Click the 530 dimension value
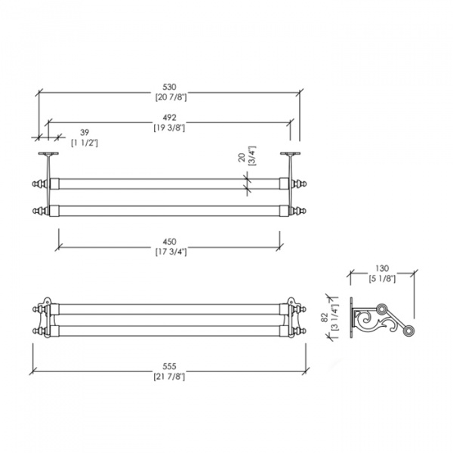[x=169, y=87]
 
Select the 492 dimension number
[x=169, y=118]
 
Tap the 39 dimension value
[x=85, y=133]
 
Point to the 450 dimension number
[x=169, y=242]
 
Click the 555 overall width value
[x=169, y=366]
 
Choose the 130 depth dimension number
[x=382, y=268]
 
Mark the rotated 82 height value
[x=324, y=318]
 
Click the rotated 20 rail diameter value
[x=242, y=158]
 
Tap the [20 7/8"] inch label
[x=171, y=97]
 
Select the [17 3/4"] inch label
[x=171, y=252]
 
